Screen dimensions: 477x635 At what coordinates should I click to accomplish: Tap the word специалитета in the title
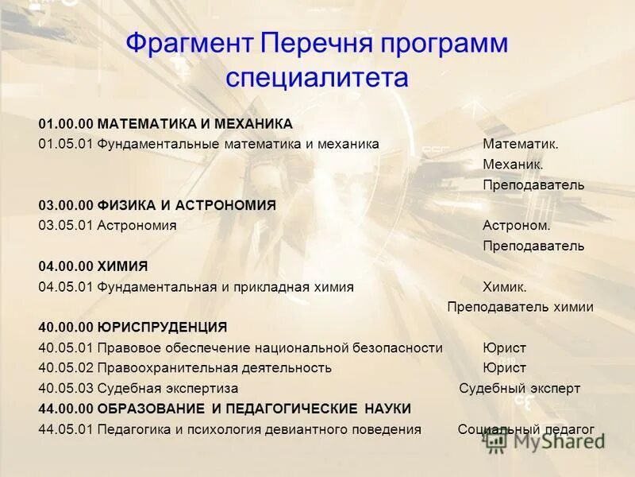317,77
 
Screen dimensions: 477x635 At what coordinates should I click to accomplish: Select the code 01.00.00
66,124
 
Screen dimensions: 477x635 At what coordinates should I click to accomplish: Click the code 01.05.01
66,144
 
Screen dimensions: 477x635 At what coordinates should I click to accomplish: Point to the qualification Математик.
521,144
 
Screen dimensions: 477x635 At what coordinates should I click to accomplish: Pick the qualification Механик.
513,165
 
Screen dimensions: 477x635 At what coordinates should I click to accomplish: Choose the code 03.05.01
66,226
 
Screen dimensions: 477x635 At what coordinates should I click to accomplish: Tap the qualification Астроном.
516,226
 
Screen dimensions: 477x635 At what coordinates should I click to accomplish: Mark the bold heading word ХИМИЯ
123,266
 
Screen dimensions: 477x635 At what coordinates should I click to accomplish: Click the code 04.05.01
66,287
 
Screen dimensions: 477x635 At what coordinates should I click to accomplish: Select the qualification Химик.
504,287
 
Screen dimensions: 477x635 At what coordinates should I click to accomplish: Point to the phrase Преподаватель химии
520,307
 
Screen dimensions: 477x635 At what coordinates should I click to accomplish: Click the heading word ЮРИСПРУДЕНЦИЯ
163,327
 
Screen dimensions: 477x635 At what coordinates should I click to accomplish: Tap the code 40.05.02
66,368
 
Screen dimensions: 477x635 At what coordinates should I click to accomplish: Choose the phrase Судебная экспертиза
167,389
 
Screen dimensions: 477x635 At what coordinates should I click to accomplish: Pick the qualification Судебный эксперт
519,389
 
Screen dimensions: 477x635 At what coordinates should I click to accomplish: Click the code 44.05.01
66,429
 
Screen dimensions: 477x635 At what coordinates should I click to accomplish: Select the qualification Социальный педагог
525,429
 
